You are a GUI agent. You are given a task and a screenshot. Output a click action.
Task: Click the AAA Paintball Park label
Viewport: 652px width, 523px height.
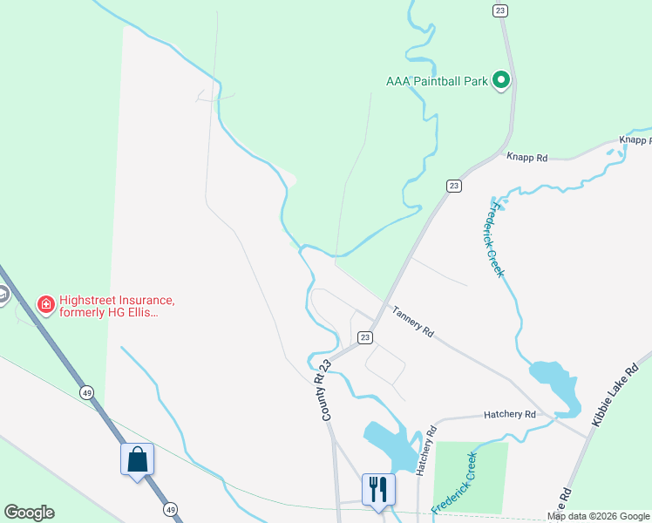coord(436,81)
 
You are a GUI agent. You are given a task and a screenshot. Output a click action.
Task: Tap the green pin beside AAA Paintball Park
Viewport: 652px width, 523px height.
coord(501,81)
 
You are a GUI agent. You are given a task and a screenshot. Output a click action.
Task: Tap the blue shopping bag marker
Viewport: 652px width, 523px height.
coord(138,459)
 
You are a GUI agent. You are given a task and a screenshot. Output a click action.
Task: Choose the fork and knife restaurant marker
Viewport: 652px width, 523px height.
coord(378,489)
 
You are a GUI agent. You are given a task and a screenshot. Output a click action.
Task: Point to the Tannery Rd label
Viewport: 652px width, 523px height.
coord(412,321)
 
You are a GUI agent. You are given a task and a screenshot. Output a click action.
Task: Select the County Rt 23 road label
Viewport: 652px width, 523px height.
coord(327,391)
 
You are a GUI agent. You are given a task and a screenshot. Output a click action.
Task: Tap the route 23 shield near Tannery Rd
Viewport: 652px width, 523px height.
coord(365,337)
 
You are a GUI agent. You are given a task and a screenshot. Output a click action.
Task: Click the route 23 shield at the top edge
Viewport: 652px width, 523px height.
coord(499,10)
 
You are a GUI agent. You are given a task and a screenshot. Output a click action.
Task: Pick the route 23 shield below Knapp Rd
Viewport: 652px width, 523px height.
coord(453,186)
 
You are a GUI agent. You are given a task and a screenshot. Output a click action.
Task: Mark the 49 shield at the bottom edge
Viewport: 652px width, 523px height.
coord(171,509)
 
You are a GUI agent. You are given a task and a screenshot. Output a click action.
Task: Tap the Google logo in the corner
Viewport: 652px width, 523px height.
coord(29,513)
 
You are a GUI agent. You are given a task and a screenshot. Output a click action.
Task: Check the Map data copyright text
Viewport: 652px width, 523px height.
coord(598,516)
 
